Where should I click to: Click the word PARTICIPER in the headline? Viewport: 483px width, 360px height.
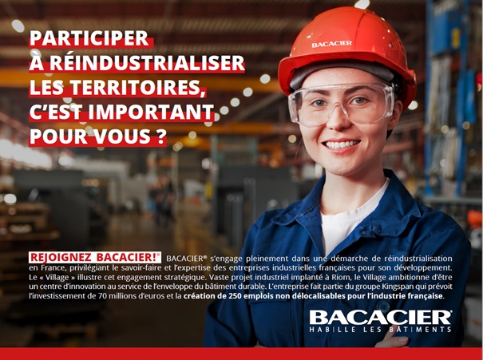point(89,38)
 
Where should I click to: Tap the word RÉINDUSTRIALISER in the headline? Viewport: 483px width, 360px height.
point(147,63)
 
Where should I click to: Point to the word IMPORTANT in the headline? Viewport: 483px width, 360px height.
point(151,112)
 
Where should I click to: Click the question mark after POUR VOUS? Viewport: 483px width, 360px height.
point(161,136)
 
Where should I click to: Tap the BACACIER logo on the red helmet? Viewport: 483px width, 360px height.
point(332,44)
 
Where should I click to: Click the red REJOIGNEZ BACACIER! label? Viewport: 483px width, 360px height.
point(95,257)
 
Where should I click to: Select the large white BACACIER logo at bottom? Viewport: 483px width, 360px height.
point(381,317)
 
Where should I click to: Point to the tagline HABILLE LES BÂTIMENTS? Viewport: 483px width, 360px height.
point(381,330)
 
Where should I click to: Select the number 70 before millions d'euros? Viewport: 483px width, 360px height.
point(102,296)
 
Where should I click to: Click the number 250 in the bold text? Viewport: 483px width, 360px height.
point(235,296)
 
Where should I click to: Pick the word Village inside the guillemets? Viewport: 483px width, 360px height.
point(58,278)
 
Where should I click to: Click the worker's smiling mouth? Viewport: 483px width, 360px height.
point(342,144)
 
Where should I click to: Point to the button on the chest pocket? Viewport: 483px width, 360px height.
point(382,306)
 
